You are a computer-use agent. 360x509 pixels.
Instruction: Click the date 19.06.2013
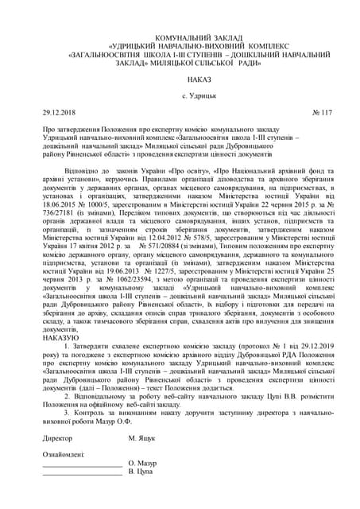112,289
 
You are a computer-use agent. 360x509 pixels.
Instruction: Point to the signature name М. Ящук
144,437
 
